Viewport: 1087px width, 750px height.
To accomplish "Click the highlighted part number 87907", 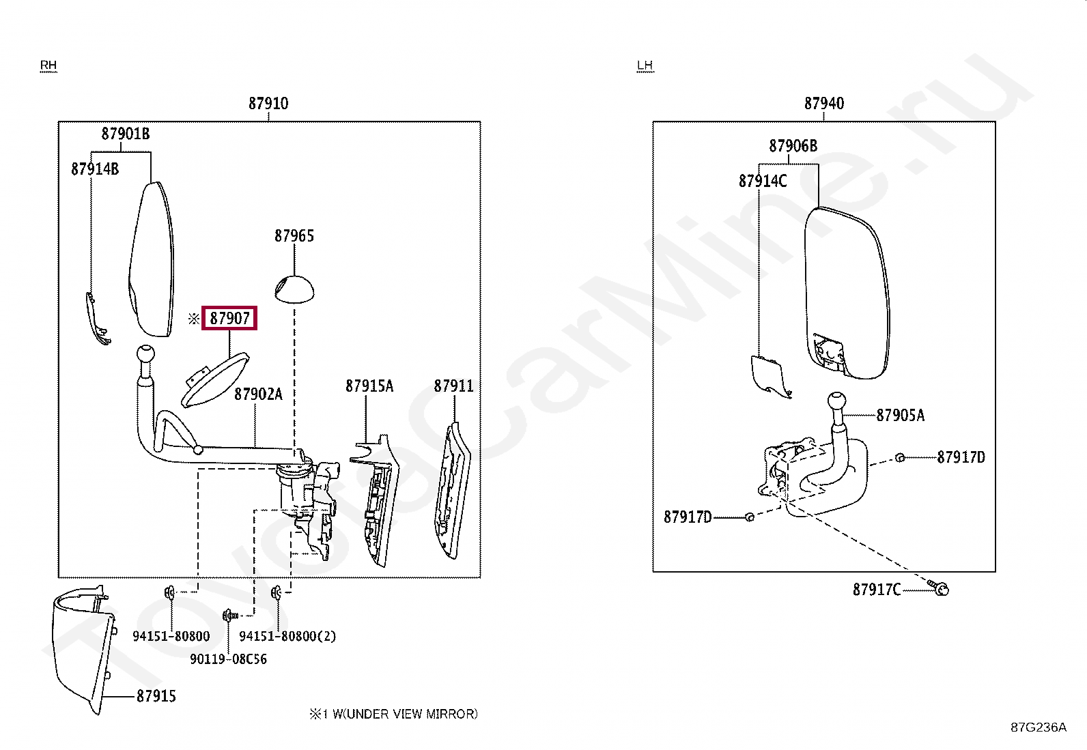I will coord(229,318).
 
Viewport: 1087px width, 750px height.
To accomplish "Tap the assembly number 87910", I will coord(268,104).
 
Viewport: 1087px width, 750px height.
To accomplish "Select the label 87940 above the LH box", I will coord(823,104).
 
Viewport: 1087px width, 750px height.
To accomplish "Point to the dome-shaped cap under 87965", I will coord(294,289).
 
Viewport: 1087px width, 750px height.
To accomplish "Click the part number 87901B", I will coord(126,134).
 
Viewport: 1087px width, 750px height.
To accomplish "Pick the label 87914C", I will coord(763,182).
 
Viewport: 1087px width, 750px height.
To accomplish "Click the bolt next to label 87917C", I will coord(940,588).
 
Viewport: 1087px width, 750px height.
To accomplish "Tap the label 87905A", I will coord(900,416).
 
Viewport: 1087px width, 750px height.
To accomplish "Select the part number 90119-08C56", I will coord(228,659).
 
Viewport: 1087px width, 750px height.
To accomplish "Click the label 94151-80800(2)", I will coord(287,636).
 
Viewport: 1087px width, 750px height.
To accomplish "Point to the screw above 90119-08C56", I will coord(229,616).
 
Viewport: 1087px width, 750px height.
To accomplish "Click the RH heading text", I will coord(48,66).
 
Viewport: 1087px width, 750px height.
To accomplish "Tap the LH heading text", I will coord(645,66).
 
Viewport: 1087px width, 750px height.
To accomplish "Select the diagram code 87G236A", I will coord(1038,727).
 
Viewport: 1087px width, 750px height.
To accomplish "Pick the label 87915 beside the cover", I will coord(156,696).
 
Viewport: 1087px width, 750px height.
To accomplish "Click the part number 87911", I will coord(453,386).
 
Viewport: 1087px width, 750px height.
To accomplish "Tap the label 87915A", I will coord(369,386).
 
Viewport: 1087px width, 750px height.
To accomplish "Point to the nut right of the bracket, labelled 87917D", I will coord(900,457).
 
